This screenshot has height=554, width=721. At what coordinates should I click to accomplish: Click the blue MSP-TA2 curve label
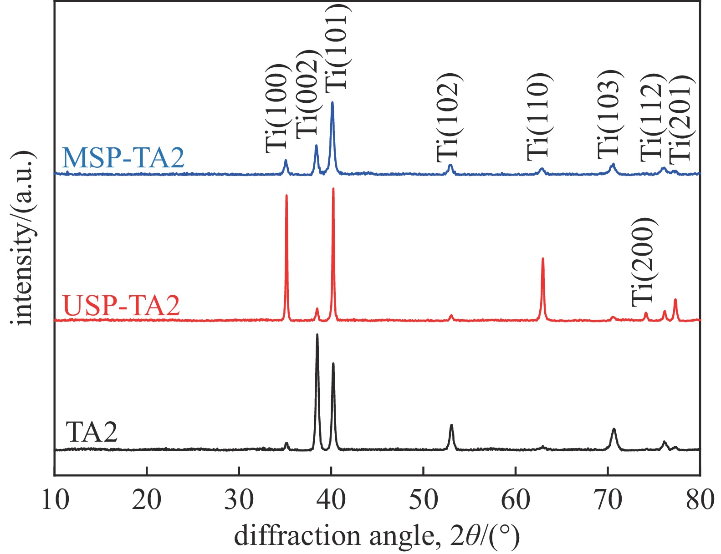tap(123, 157)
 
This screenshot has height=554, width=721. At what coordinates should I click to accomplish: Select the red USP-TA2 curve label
tap(122, 305)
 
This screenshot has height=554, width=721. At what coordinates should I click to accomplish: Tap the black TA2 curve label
tap(92, 432)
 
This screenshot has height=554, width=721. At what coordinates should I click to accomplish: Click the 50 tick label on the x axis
tap(424, 499)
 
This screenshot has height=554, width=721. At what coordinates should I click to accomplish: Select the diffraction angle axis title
tap(377, 536)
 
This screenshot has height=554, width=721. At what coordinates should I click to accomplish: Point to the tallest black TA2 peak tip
tap(317, 335)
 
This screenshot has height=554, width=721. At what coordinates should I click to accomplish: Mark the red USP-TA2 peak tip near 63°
tap(542, 259)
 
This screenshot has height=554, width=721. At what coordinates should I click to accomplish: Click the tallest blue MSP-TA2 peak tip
tap(332, 102)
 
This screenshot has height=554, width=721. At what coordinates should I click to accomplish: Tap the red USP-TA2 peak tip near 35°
tap(286, 196)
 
